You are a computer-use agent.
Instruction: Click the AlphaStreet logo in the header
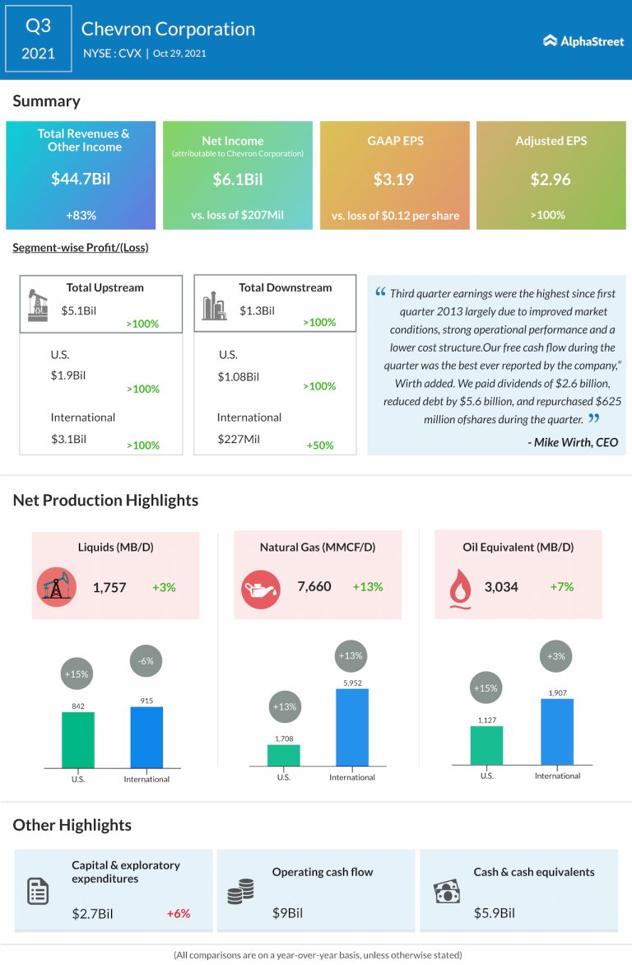pyautogui.click(x=583, y=40)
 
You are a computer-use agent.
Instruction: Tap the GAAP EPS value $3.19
pyautogui.click(x=394, y=179)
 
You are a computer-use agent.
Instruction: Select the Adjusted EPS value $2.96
pyautogui.click(x=551, y=179)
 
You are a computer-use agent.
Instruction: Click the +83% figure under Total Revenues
pyautogui.click(x=81, y=215)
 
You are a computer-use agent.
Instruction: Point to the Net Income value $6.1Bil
pyautogui.click(x=237, y=179)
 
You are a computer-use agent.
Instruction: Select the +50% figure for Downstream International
pyautogui.click(x=320, y=445)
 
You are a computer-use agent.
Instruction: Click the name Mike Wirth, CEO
pyautogui.click(x=573, y=442)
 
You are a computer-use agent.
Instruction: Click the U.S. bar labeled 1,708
pyautogui.click(x=284, y=756)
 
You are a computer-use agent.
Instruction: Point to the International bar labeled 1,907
pyautogui.click(x=557, y=732)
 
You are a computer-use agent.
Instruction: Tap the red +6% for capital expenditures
pyautogui.click(x=178, y=913)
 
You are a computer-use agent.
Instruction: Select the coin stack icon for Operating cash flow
pyautogui.click(x=239, y=893)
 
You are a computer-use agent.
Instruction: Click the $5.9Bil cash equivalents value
pyautogui.click(x=494, y=913)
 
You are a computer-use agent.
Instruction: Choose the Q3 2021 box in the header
pyautogui.click(x=39, y=39)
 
